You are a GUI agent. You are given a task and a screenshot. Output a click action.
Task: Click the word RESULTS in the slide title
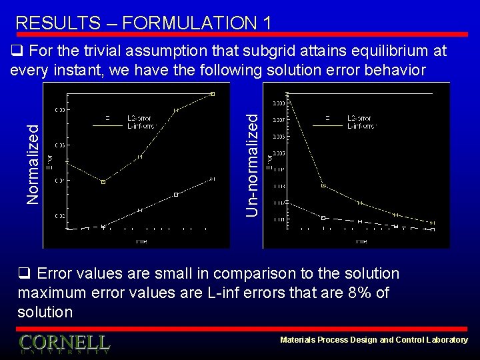tap(55, 23)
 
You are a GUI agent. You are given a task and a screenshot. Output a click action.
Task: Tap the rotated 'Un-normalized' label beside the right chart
tap(252, 164)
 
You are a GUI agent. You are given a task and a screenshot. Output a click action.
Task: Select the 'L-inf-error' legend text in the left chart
tap(141, 125)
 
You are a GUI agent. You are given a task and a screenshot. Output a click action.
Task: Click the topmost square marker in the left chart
tap(213, 94)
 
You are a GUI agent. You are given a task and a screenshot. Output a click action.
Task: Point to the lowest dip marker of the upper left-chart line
tap(103, 181)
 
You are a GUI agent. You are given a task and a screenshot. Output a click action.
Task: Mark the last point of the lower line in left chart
tap(213, 179)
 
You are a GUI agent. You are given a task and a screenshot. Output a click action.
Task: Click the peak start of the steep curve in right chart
tap(287, 94)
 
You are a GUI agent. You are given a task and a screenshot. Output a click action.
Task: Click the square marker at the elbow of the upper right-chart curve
tap(323, 185)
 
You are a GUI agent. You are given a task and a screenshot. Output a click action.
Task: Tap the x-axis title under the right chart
tap(361, 240)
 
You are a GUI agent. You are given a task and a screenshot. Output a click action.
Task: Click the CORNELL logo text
tap(64, 343)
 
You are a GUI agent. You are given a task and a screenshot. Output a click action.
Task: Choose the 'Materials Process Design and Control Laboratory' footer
tap(373, 340)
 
